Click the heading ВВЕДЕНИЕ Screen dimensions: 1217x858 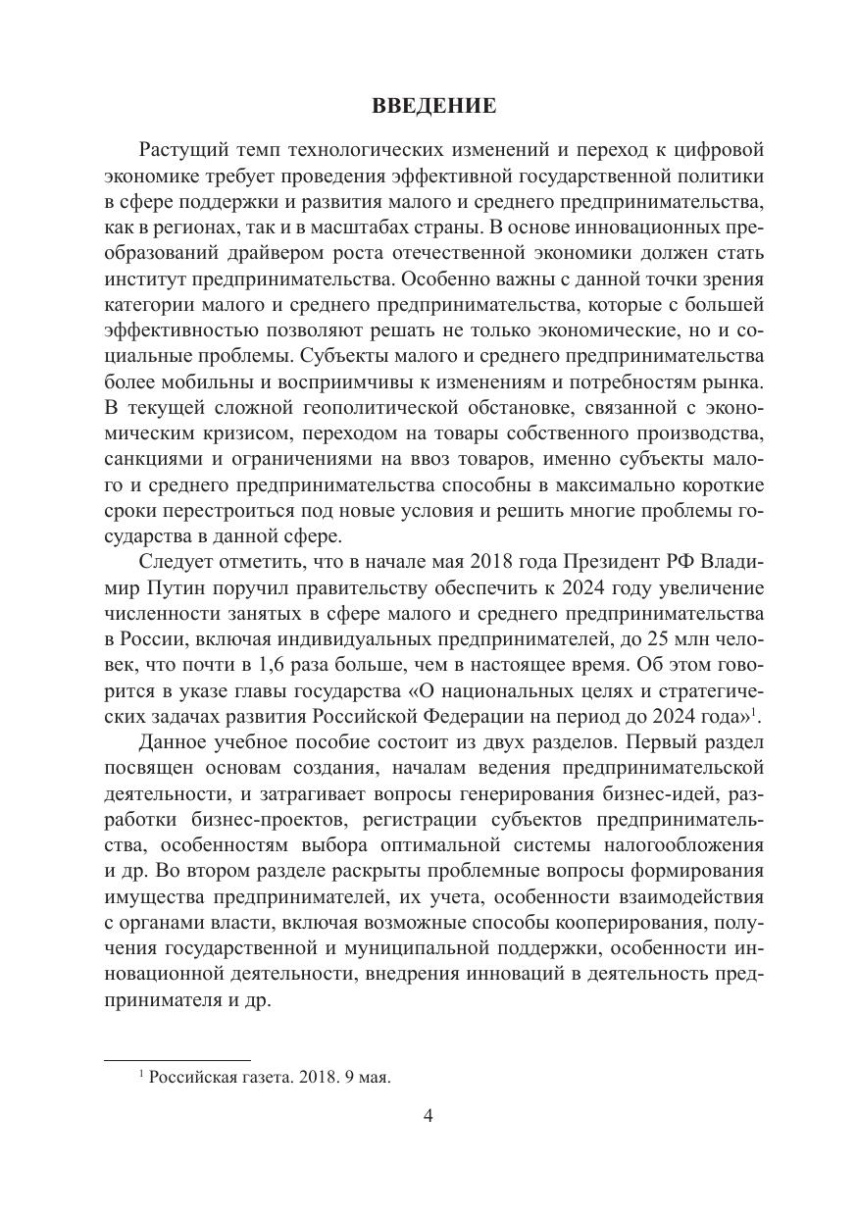[x=434, y=107]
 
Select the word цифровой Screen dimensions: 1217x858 [x=720, y=150]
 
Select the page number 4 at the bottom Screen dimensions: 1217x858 [x=428, y=1117]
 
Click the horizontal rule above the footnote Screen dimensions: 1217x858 [x=177, y=1060]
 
